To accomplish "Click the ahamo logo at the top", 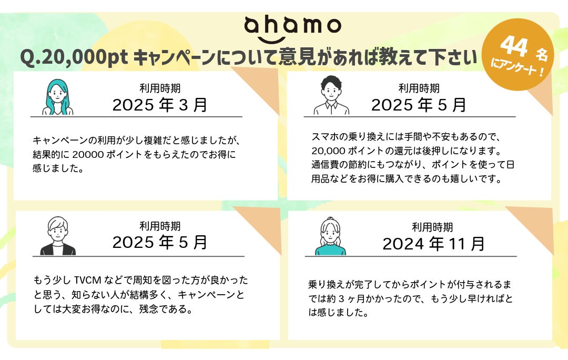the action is pos(293,28).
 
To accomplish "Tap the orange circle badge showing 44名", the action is pos(518,54).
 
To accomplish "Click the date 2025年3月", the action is pos(160,105).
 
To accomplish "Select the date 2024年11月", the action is pos(433,244).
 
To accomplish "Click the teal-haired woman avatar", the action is pos(57,97).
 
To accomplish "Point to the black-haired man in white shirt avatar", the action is pos(331,95).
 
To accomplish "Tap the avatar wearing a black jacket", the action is pos(58,236).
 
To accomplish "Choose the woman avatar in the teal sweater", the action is pos(330,236).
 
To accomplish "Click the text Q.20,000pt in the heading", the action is pos(74,57).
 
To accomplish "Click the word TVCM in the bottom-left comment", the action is pos(88,280).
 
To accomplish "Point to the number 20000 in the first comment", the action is pos(88,154).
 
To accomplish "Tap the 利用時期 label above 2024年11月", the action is pos(432,227).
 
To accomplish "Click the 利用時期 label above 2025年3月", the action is pos(160,88).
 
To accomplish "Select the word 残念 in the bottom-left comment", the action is pos(148,309).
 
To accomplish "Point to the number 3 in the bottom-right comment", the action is pos(341,299).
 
